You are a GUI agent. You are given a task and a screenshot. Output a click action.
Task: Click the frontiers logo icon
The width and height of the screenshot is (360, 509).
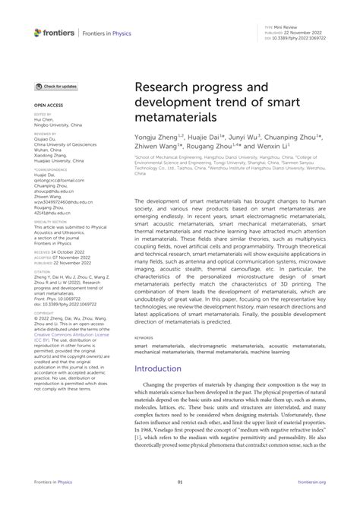pos(38,32)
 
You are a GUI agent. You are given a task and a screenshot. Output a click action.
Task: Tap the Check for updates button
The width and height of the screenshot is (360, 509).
pos(55,87)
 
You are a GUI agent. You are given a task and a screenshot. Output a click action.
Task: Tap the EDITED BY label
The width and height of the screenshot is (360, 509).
pos(42,114)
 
